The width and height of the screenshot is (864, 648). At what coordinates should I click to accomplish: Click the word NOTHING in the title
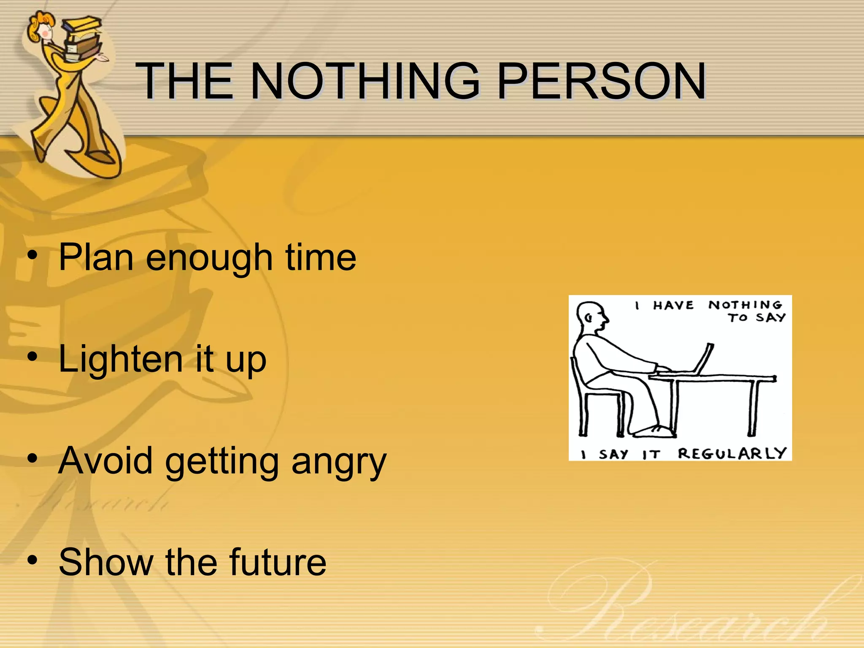[x=365, y=81]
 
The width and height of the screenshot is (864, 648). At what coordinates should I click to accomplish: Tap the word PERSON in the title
[x=601, y=81]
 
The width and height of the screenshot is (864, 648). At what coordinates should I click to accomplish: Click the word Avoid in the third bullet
[x=105, y=461]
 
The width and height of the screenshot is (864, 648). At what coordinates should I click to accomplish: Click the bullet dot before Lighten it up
[x=32, y=358]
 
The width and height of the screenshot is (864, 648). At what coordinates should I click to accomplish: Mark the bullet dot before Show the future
[x=32, y=561]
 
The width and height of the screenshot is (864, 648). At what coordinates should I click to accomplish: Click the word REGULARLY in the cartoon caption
[x=732, y=454]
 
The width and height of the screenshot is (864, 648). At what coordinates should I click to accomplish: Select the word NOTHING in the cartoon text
[x=745, y=305]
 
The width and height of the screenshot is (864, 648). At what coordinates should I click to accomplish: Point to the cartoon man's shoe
[x=654, y=431]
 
